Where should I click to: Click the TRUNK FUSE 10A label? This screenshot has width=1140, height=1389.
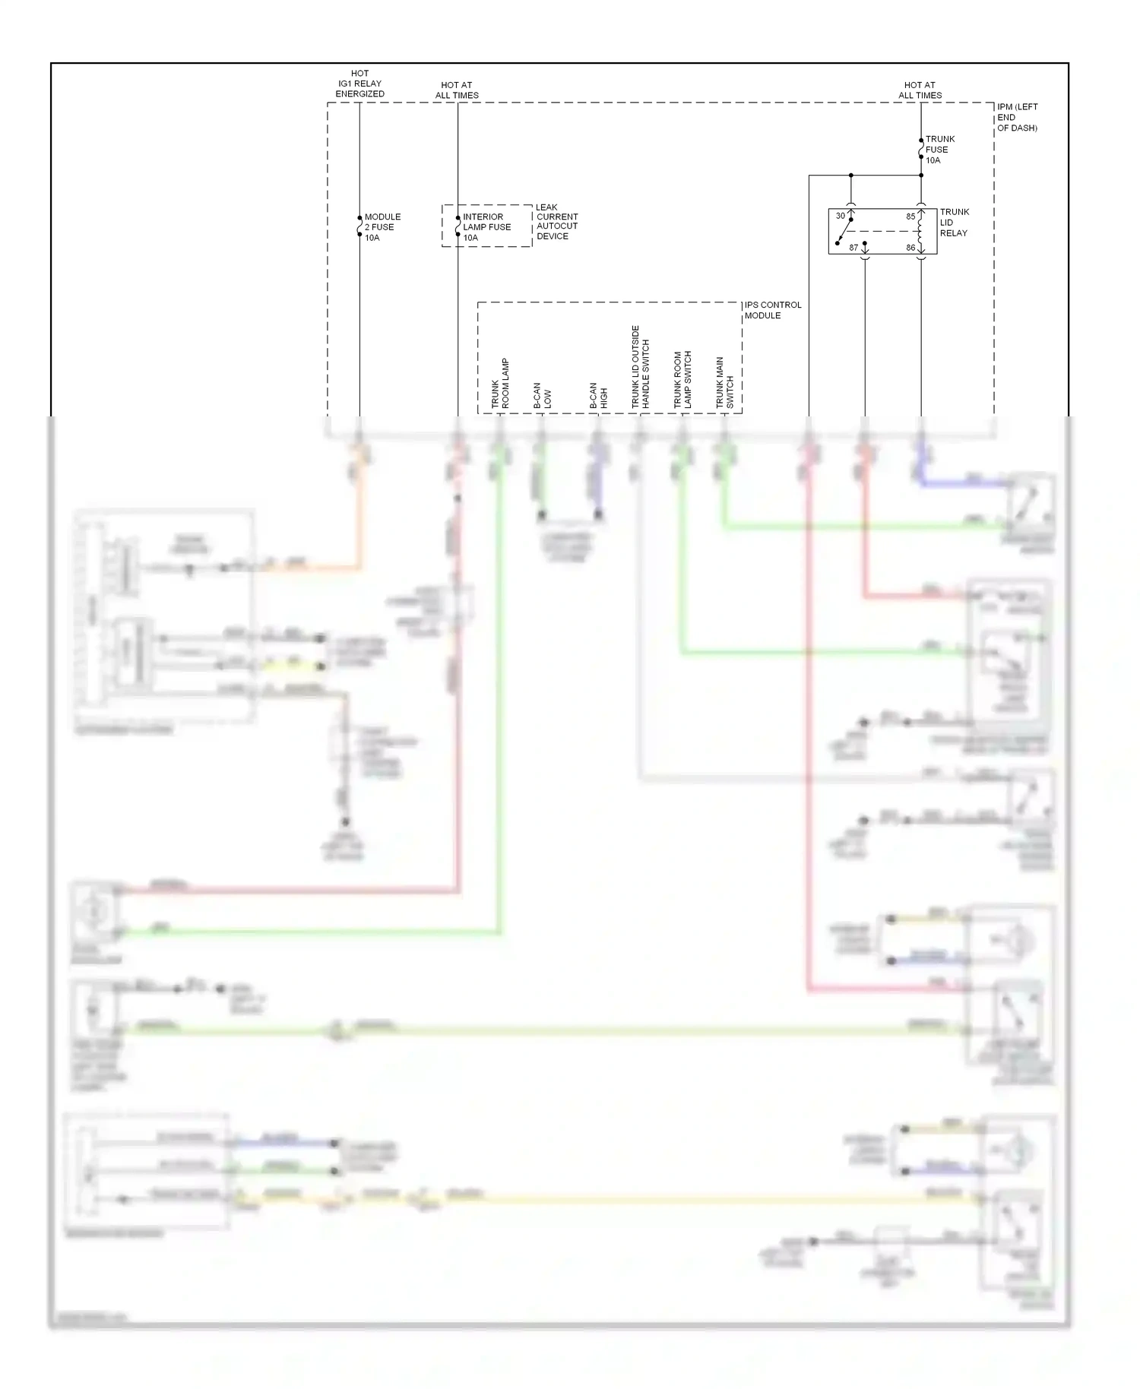coord(939,150)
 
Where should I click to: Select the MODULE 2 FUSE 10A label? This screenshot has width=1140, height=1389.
coord(382,227)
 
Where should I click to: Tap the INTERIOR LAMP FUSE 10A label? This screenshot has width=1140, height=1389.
coord(486,227)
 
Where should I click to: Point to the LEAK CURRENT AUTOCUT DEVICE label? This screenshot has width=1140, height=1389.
coord(556,222)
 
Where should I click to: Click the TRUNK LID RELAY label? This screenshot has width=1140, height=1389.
coord(954,223)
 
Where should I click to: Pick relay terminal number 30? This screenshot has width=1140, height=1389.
coord(840,216)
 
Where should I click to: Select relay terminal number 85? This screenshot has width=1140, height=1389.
coord(910,217)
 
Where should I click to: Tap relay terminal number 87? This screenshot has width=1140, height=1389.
coord(853,248)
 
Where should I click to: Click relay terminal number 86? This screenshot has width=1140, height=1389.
coord(910,248)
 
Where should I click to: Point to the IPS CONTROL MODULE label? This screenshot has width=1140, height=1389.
coord(772,310)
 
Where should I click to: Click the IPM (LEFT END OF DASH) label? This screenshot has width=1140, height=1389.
coord(1016,118)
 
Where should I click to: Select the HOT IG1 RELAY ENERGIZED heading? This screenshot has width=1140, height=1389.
coord(359,84)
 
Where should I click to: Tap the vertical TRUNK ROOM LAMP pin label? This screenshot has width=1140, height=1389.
coord(500,384)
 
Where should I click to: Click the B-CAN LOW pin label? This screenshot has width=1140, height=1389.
coord(542,396)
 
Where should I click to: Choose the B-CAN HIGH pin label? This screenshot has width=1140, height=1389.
coord(598,396)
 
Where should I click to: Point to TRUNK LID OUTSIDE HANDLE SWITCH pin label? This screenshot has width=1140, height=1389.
coord(640,368)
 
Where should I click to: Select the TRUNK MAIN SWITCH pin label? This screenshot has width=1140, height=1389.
coord(724,383)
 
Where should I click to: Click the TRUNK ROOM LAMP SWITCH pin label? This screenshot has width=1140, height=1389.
coord(682,380)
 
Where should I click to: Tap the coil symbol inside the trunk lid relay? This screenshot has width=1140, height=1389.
coord(921,231)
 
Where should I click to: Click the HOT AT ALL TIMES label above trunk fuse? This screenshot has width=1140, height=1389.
coord(920,90)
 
